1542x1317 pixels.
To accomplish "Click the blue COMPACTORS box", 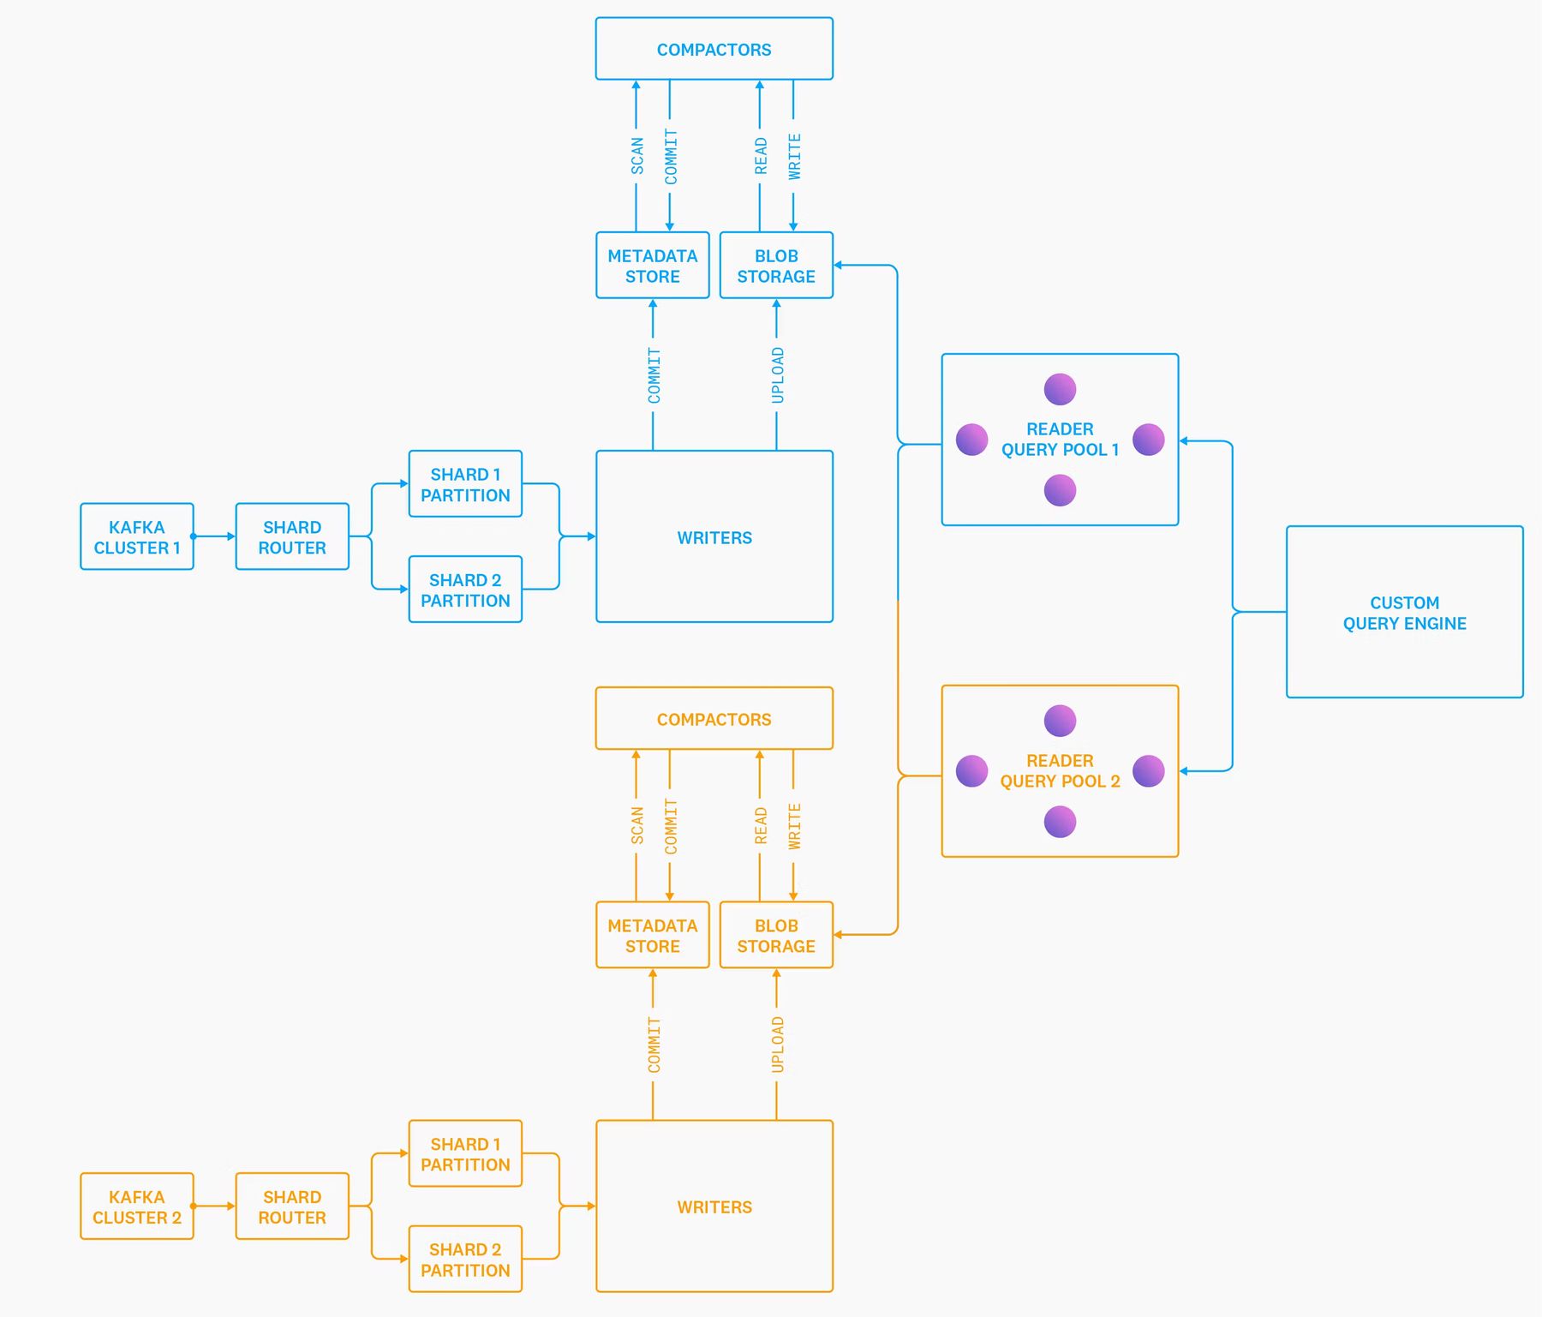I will [x=714, y=49].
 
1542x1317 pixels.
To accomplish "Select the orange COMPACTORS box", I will [x=714, y=719].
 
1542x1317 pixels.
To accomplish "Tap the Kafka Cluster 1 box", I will [x=137, y=537].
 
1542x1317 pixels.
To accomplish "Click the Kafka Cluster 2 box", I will [x=137, y=1206].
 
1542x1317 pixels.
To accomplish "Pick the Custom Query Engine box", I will [x=1404, y=613].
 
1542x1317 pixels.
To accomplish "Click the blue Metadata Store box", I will [x=652, y=266].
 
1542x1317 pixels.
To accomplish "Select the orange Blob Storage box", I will [x=776, y=936].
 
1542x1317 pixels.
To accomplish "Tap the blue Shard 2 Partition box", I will [x=465, y=590].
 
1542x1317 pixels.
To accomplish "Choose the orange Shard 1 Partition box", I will [x=465, y=1154].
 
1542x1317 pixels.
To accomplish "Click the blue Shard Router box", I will [x=292, y=537].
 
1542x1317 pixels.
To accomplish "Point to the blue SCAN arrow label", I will [x=637, y=156].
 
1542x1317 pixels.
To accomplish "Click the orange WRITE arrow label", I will [x=794, y=826].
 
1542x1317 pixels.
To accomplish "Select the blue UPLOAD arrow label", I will [x=777, y=374].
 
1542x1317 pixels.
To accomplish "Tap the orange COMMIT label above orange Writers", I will [x=654, y=1045].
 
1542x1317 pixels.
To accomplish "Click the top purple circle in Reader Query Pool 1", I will [x=1060, y=389].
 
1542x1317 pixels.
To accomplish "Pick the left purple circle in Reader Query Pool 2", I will [x=971, y=771].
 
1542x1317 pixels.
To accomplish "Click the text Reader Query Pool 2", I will [x=1060, y=771].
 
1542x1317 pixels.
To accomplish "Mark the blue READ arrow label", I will [x=761, y=156].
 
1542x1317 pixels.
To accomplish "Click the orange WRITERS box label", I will [x=714, y=1207].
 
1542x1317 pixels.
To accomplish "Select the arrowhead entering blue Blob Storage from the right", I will [x=839, y=266].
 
